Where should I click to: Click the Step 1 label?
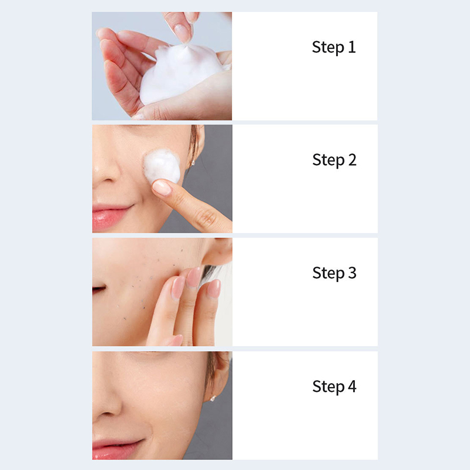334,48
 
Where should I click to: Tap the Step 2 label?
334,160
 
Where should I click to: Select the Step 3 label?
334,273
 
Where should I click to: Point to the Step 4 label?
334,387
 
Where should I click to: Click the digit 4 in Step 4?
352,386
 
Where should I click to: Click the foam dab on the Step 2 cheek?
162,165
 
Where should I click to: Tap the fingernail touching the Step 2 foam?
162,187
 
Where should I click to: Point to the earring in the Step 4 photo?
213,399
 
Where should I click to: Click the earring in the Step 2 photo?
193,163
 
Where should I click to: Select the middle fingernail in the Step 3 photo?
193,277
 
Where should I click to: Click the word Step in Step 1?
328,48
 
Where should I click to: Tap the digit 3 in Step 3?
352,273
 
